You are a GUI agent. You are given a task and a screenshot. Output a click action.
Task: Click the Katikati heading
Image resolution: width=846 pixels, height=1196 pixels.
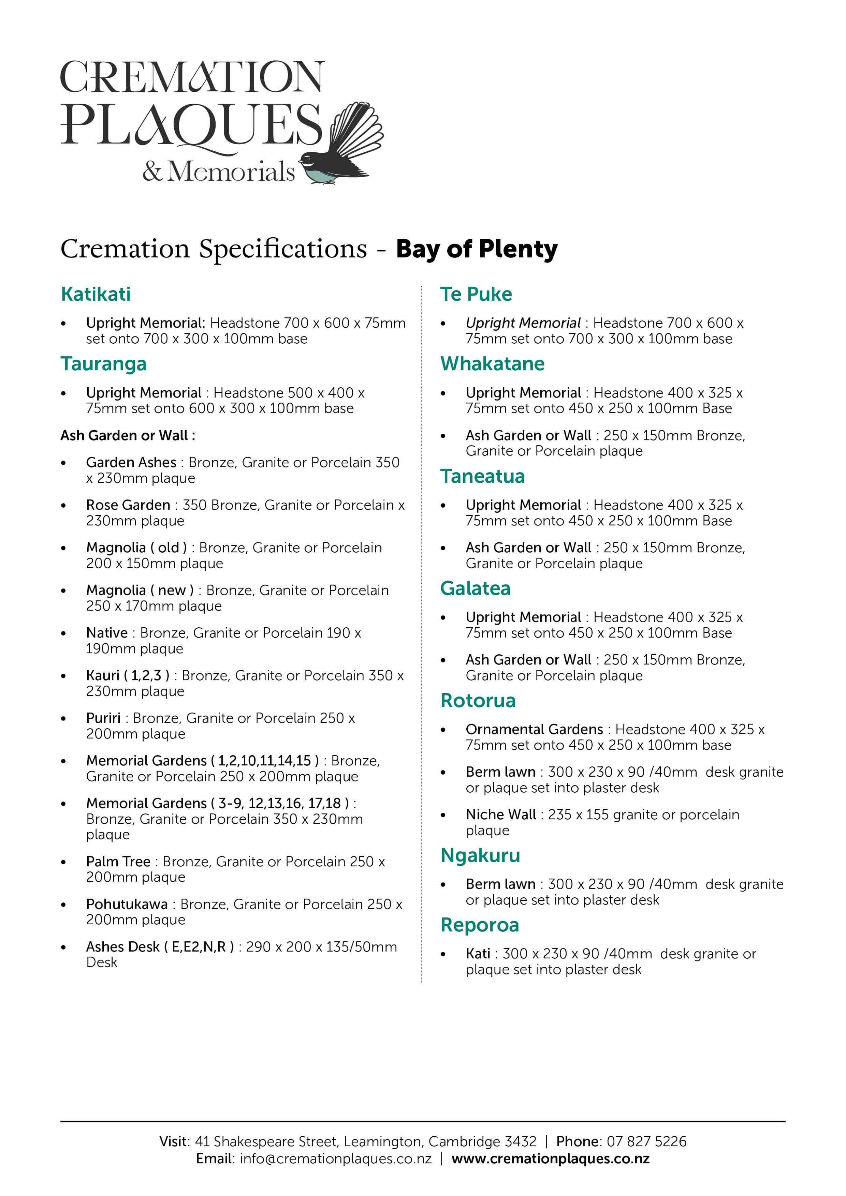96,294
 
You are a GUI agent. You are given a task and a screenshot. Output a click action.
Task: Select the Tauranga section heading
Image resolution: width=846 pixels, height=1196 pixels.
103,363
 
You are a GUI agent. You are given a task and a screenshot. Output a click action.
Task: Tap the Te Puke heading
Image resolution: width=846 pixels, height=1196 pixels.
476,294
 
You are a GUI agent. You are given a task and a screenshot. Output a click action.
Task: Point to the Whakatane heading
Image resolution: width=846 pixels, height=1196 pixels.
492,363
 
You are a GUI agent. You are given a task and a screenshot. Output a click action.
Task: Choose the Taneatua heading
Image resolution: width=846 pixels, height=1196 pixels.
482,476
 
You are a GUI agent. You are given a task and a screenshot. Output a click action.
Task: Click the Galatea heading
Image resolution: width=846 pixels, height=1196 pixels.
475,588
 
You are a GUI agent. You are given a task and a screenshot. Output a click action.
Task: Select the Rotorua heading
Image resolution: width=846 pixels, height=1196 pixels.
478,701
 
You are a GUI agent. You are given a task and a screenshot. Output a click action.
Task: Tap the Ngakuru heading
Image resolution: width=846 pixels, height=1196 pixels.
480,855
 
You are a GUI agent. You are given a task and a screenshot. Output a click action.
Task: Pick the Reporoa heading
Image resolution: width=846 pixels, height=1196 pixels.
480,925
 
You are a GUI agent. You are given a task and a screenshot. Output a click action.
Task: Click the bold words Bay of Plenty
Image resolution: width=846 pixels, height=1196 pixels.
477,249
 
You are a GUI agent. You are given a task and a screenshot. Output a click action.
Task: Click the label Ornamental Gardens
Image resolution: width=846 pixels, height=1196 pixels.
534,729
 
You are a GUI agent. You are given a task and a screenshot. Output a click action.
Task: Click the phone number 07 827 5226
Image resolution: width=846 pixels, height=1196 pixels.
646,1141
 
